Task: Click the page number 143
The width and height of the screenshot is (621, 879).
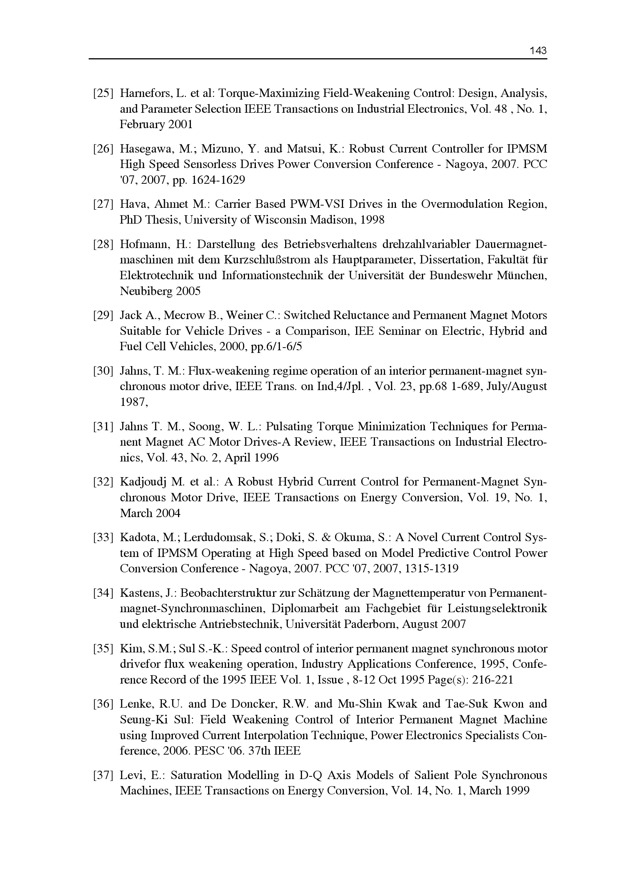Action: click(x=538, y=50)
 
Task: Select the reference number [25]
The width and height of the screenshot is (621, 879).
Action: click(x=103, y=94)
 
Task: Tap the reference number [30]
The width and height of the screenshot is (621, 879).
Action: click(x=103, y=371)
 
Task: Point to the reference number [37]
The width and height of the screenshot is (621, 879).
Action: click(x=103, y=775)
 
